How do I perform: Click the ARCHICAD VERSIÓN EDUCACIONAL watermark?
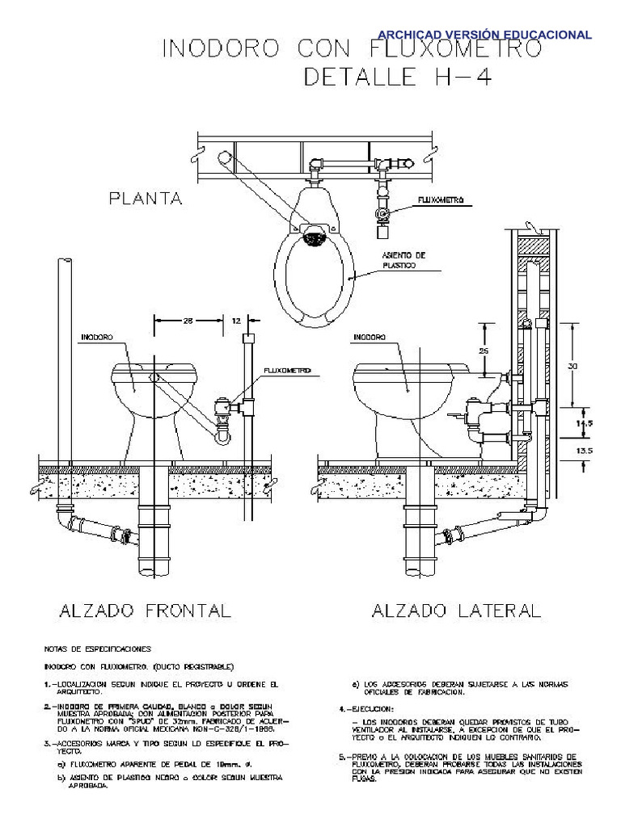pyautogui.click(x=485, y=35)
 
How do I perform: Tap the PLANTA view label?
pyautogui.click(x=146, y=198)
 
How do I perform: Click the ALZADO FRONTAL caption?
pyautogui.click(x=146, y=611)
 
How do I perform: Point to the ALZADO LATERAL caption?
pyautogui.click(x=456, y=611)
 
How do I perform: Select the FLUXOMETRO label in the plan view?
pyautogui.click(x=440, y=199)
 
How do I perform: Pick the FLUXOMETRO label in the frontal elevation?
pyautogui.click(x=286, y=371)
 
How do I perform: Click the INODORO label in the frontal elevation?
pyautogui.click(x=96, y=337)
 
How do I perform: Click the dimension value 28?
pyautogui.click(x=188, y=321)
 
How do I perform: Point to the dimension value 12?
pyautogui.click(x=236, y=321)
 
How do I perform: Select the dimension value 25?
pyautogui.click(x=483, y=351)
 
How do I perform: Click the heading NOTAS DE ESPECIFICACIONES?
pyautogui.click(x=97, y=649)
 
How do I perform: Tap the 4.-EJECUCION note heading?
pyautogui.click(x=364, y=707)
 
